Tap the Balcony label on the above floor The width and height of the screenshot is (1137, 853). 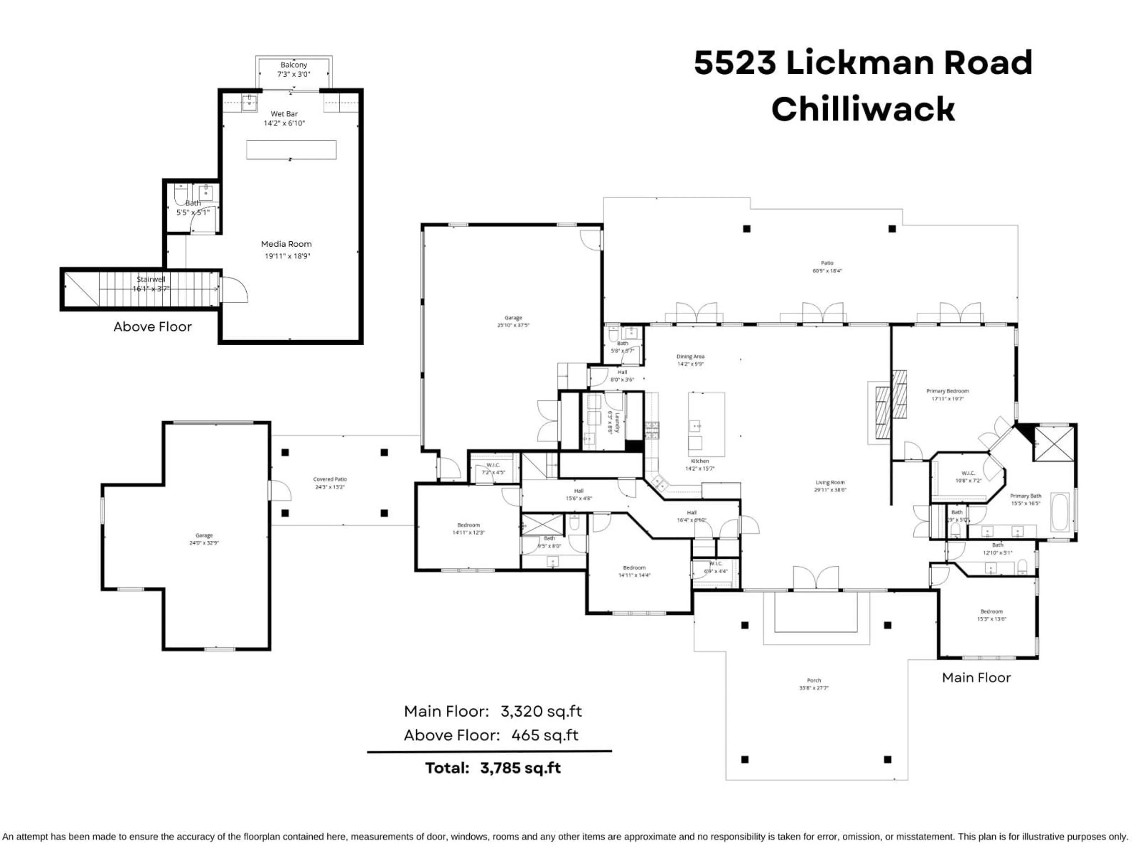tap(293, 65)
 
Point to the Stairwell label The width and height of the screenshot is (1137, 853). tap(151, 279)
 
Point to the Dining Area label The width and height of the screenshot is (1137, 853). tap(690, 356)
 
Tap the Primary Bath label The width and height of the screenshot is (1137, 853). tap(1025, 496)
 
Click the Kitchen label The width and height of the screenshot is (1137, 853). tap(700, 461)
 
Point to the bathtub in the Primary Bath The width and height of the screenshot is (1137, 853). tap(1059, 512)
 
